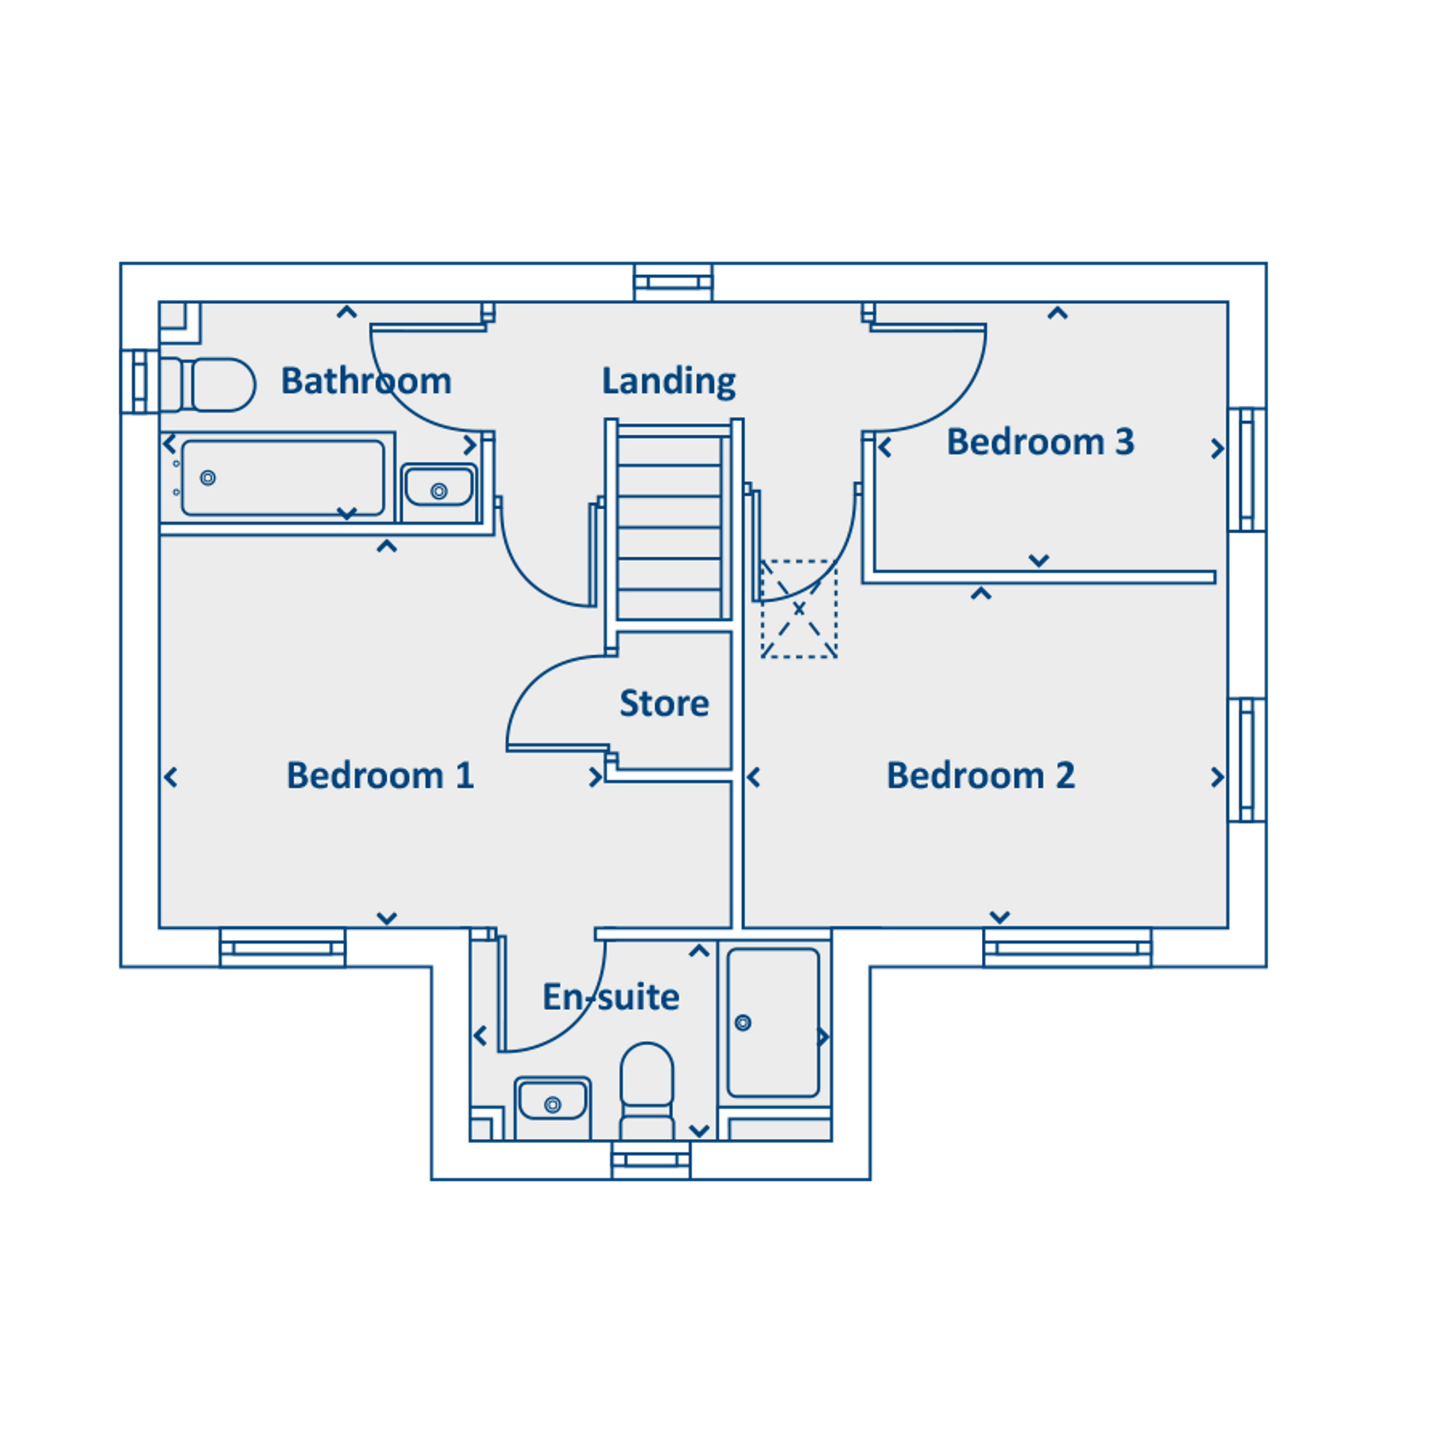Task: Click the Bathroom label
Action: pyautogui.click(x=366, y=381)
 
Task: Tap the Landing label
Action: pyautogui.click(x=669, y=381)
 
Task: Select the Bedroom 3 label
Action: pyautogui.click(x=1040, y=442)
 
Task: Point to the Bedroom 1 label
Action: pyautogui.click(x=381, y=775)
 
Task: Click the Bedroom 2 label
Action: pyautogui.click(x=981, y=775)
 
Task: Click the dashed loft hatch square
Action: pyautogui.click(x=799, y=609)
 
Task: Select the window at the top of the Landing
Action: pyautogui.click(x=673, y=283)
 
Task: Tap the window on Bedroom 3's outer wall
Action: pyautogui.click(x=1248, y=469)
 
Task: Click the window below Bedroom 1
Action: pyautogui.click(x=283, y=948)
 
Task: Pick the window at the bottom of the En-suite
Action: pyautogui.click(x=651, y=1160)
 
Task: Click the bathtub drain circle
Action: pyautogui.click(x=208, y=478)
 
